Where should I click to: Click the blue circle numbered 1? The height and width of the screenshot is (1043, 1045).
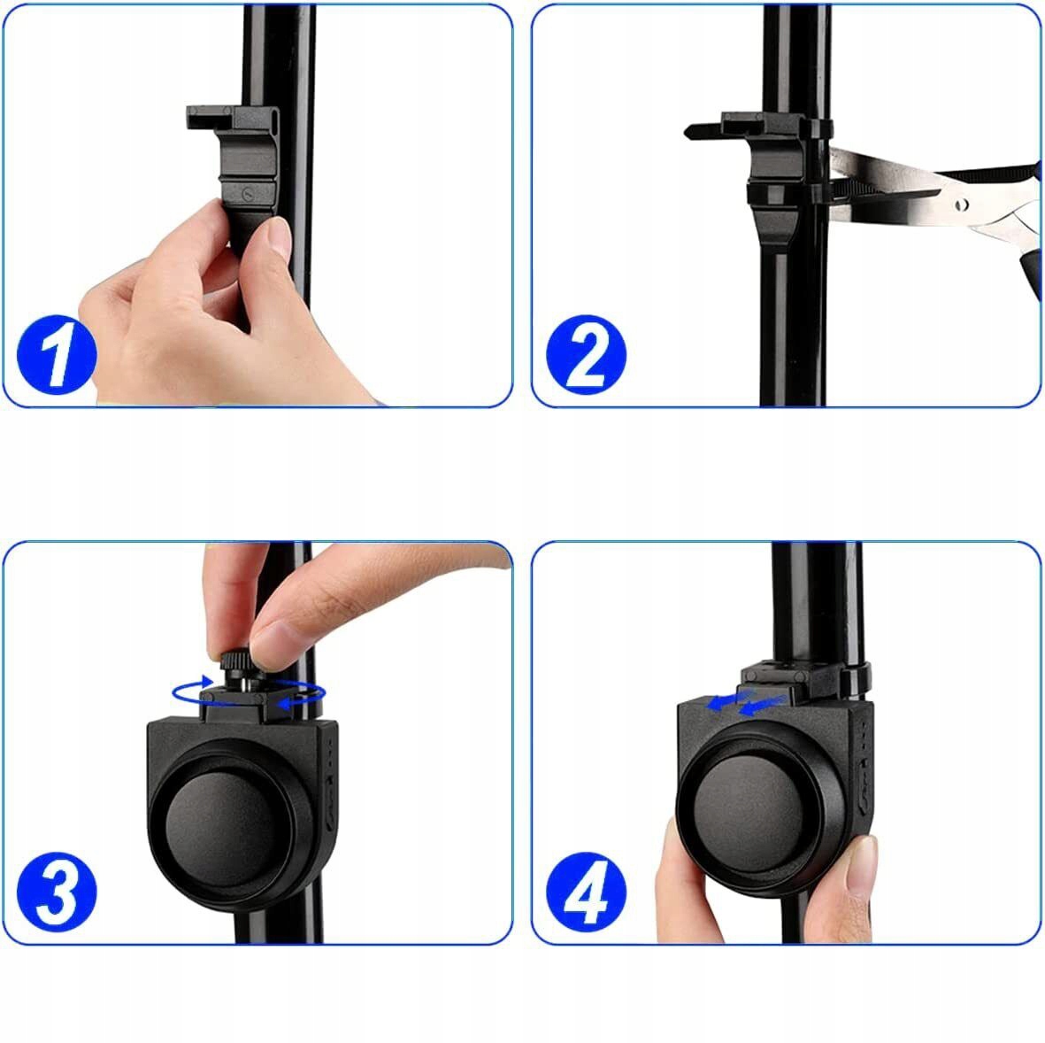tap(57, 355)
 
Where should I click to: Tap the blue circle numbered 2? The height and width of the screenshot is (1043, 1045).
tap(586, 355)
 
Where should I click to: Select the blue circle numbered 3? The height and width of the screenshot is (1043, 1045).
tap(57, 892)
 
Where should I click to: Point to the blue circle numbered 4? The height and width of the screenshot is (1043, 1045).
tap(586, 892)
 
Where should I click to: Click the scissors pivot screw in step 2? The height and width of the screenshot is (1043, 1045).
tap(961, 204)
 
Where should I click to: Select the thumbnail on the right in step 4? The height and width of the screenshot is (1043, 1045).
tap(863, 864)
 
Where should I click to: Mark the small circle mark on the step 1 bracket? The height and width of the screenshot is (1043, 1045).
tap(248, 194)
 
